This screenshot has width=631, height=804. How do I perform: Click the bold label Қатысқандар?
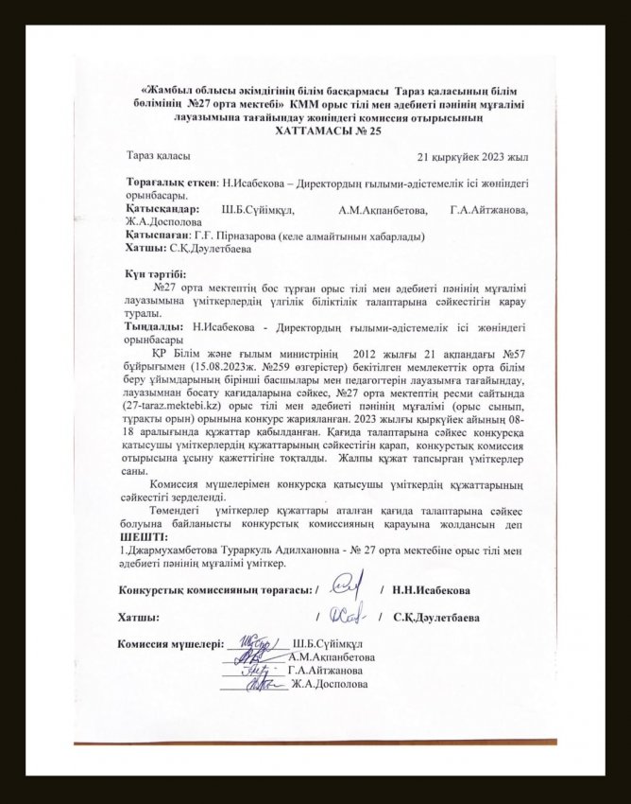(162, 208)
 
